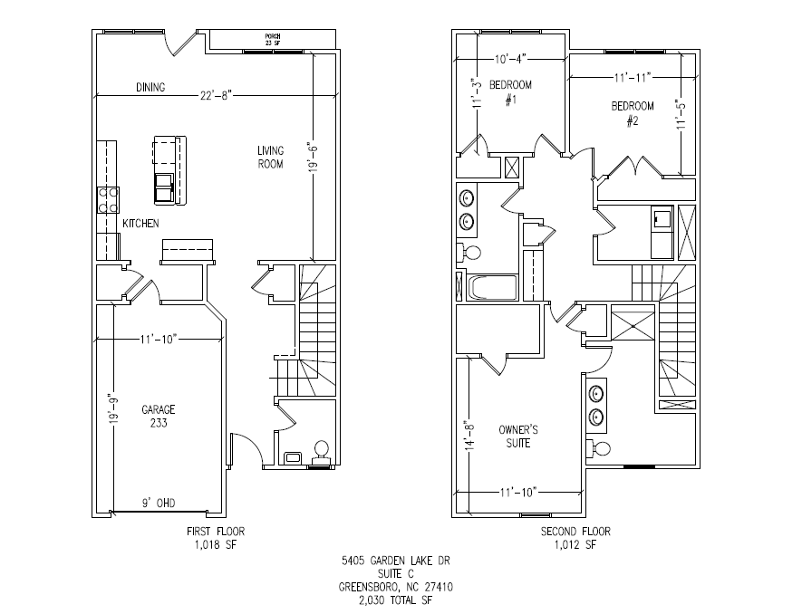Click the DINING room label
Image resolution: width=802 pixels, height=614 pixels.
click(150, 88)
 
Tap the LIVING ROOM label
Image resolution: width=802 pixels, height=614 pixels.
click(270, 157)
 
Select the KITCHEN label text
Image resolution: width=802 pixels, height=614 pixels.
click(141, 223)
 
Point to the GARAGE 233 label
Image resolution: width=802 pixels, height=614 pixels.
click(158, 416)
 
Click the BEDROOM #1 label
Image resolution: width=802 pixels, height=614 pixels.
click(511, 91)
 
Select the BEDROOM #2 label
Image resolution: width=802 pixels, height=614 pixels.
click(633, 113)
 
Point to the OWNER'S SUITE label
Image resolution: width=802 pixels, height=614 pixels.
click(514, 437)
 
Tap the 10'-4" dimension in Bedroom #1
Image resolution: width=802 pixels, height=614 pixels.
click(511, 59)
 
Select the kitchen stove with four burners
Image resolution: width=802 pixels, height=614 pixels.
click(109, 198)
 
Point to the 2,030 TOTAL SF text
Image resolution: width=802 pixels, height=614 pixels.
click(395, 600)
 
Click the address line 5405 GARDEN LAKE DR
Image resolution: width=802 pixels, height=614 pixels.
click(395, 561)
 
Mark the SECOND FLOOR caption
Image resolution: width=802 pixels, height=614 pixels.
click(576, 532)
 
